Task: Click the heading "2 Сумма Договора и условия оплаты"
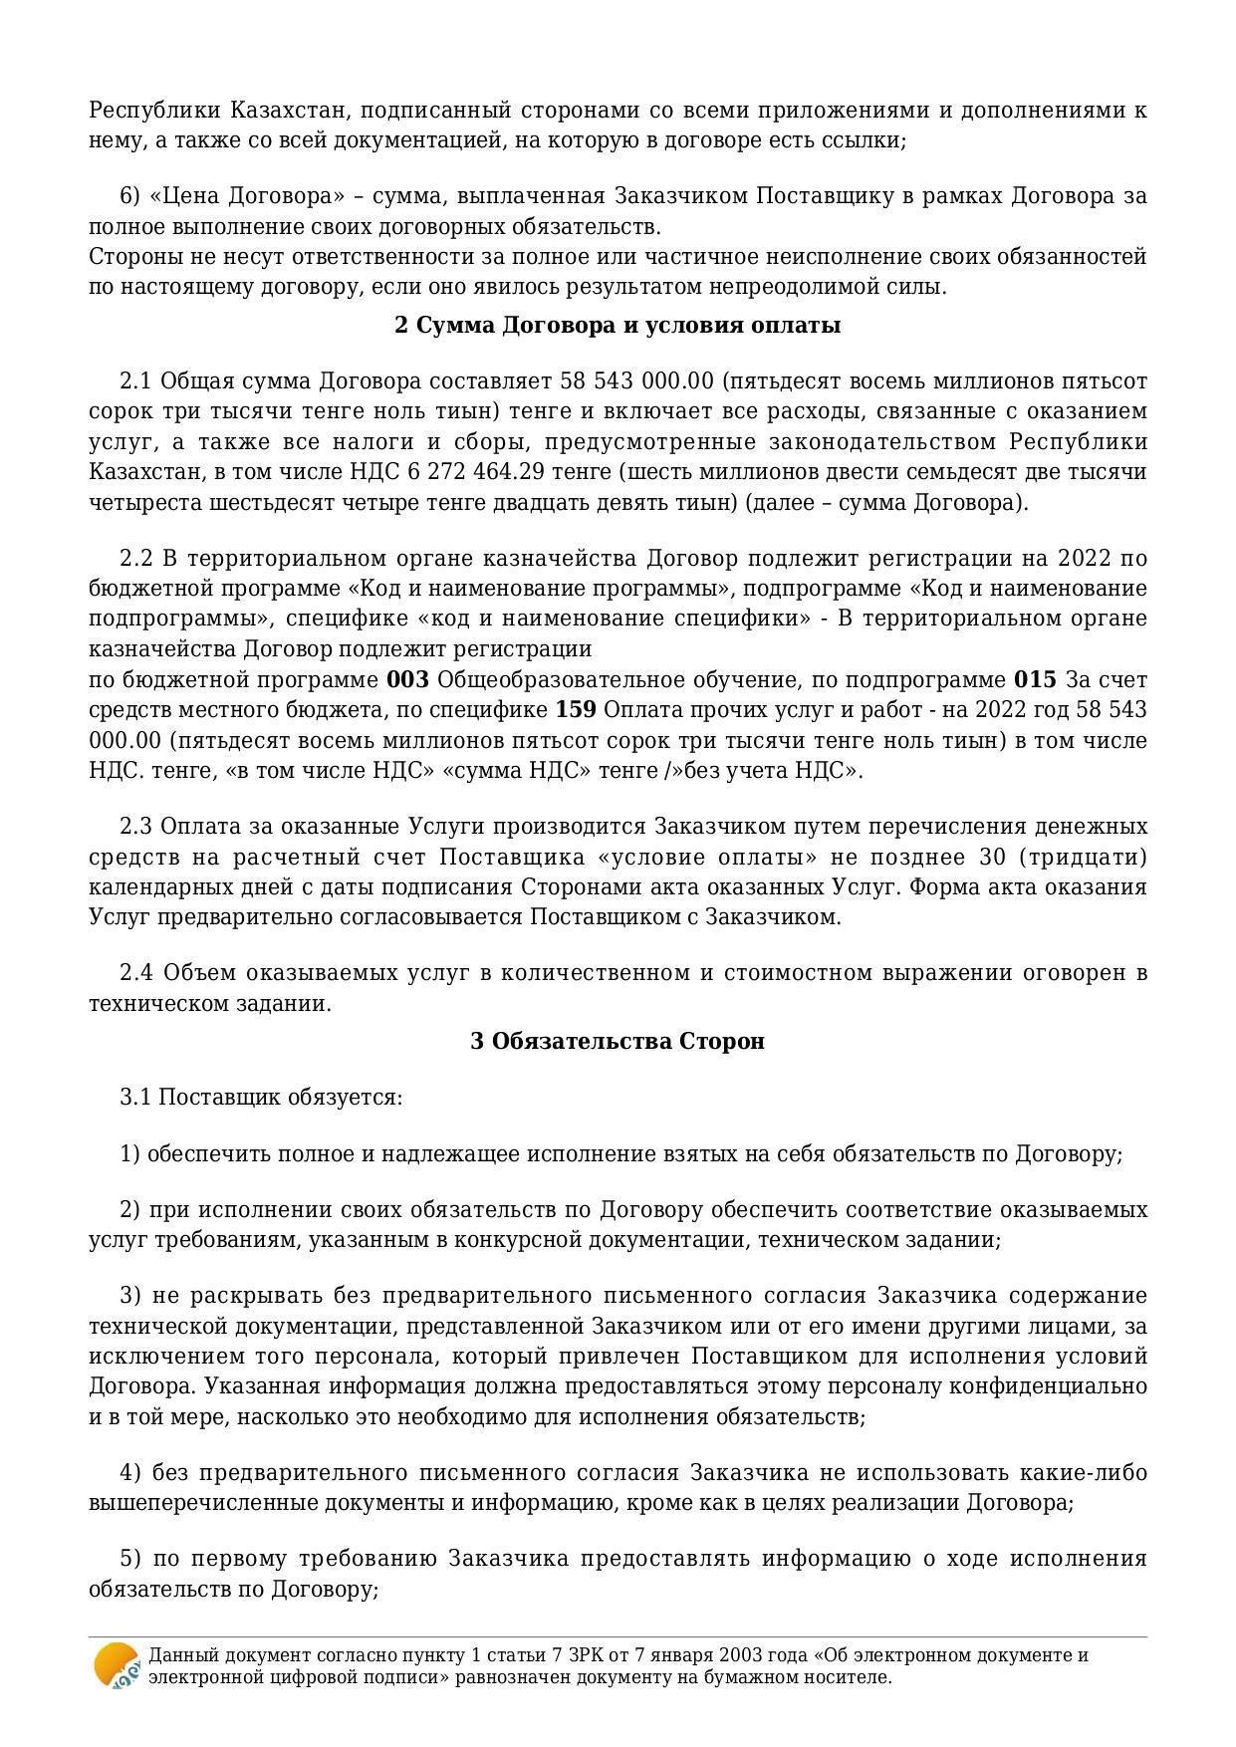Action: coord(618,326)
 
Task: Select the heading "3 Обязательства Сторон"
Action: coord(618,1041)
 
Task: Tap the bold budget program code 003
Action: coord(407,680)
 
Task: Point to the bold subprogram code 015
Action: coord(1035,680)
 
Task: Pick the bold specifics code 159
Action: coord(576,710)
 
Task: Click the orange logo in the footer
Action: coord(117,1665)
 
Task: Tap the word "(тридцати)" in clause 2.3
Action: coord(1098,858)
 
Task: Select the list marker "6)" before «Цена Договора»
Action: coord(129,196)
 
